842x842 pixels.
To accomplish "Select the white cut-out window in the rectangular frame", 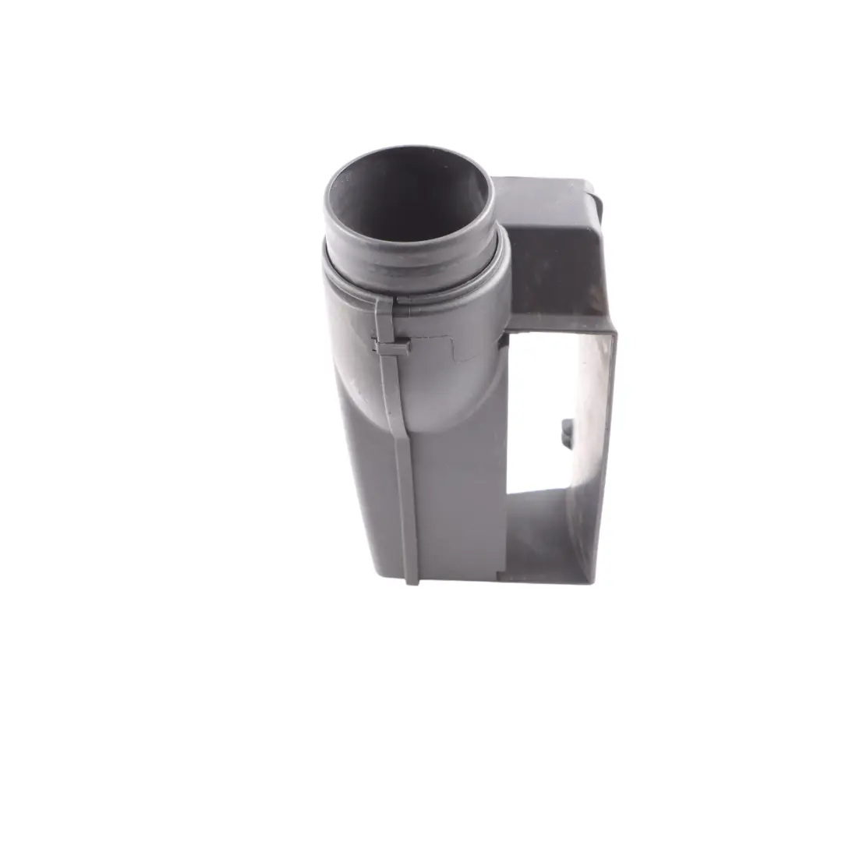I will tap(542, 405).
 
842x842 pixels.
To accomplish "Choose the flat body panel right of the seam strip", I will tap(460, 499).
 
